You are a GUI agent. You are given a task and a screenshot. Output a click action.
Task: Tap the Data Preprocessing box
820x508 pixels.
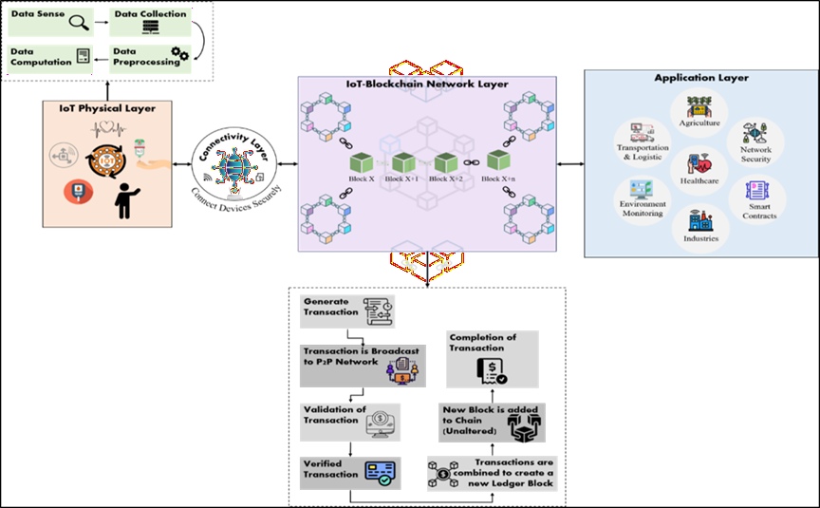[x=151, y=56]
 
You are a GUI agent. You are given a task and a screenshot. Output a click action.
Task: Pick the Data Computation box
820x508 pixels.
[x=49, y=56]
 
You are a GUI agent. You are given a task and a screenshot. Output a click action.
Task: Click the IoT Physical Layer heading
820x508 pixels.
[x=106, y=109]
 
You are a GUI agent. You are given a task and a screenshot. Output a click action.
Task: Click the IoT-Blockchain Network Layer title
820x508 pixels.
[x=426, y=85]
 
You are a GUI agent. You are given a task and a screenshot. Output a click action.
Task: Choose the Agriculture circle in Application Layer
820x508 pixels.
[x=699, y=109]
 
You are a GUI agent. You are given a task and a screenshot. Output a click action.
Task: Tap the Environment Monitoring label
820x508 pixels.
[x=643, y=209]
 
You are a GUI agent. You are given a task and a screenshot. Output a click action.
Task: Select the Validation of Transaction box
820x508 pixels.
[x=348, y=421]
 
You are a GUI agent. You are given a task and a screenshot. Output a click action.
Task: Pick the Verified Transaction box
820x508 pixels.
[x=348, y=472]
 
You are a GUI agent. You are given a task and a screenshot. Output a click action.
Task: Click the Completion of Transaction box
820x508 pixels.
[x=492, y=358]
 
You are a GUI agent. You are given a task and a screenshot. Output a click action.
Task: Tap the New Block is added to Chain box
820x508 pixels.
[x=492, y=422]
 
